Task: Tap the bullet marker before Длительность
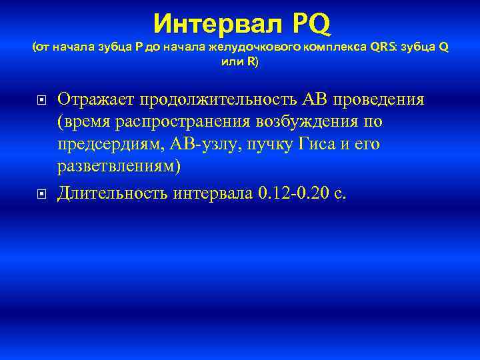click(x=41, y=195)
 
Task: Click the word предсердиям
click(x=110, y=145)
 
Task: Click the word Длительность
click(x=112, y=193)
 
